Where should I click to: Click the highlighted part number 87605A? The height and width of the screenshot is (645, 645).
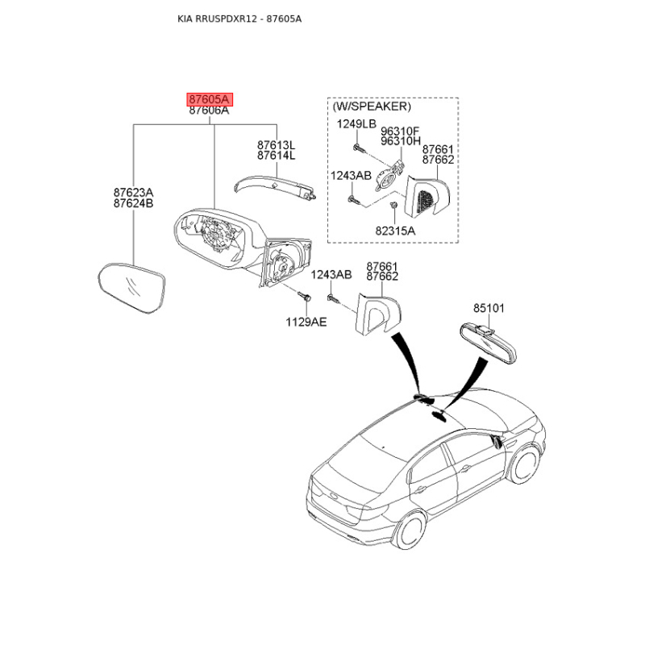[x=210, y=99]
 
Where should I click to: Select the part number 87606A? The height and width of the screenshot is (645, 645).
[x=209, y=110]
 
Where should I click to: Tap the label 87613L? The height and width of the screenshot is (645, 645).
[x=276, y=145]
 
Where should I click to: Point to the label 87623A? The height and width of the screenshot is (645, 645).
[x=133, y=193]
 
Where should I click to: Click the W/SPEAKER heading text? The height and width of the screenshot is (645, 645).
[x=372, y=106]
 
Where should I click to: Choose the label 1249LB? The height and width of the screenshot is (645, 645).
[x=356, y=124]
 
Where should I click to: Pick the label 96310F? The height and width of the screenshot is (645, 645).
[x=400, y=131]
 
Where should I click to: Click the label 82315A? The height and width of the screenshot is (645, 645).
[x=395, y=231]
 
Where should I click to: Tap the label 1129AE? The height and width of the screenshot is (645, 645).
[x=306, y=322]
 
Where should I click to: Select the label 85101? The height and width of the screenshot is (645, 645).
[x=489, y=308]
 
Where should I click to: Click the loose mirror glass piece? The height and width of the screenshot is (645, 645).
[x=132, y=288]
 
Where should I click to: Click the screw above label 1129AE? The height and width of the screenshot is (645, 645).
[x=305, y=296]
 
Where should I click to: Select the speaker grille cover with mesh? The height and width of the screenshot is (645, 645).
[x=427, y=198]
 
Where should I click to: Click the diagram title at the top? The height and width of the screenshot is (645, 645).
[x=239, y=19]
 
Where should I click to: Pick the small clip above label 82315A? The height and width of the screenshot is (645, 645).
[x=393, y=205]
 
